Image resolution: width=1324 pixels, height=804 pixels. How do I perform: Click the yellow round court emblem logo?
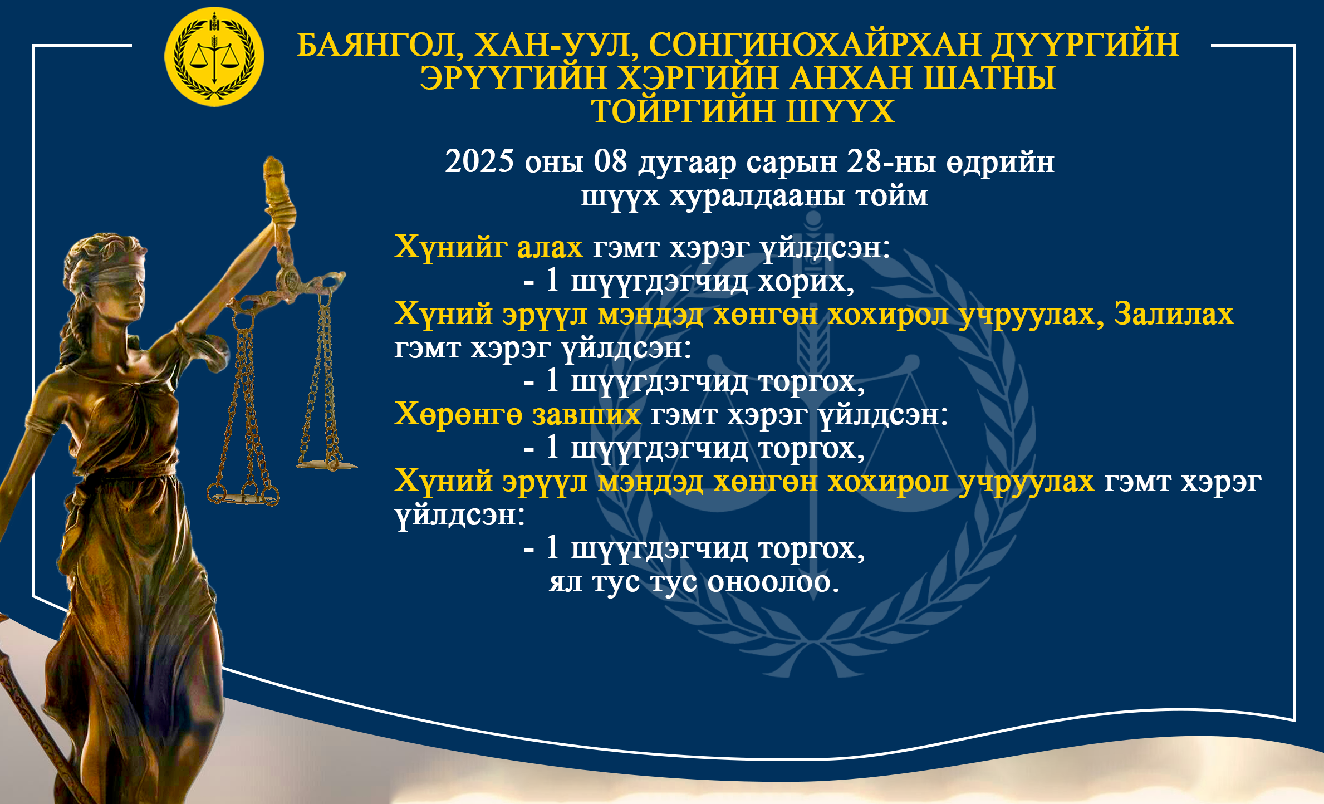(214, 56)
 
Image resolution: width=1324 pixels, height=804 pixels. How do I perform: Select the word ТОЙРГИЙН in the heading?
(683, 111)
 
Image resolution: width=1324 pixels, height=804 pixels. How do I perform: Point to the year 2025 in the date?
(479, 161)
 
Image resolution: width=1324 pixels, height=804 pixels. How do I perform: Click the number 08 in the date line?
(611, 161)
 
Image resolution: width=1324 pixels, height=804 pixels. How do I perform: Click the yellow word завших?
(587, 415)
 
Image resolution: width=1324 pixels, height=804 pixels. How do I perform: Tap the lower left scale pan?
(243, 496)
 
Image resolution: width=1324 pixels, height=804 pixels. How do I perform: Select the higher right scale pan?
(327, 464)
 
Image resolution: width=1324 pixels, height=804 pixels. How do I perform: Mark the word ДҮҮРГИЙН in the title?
(1085, 45)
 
